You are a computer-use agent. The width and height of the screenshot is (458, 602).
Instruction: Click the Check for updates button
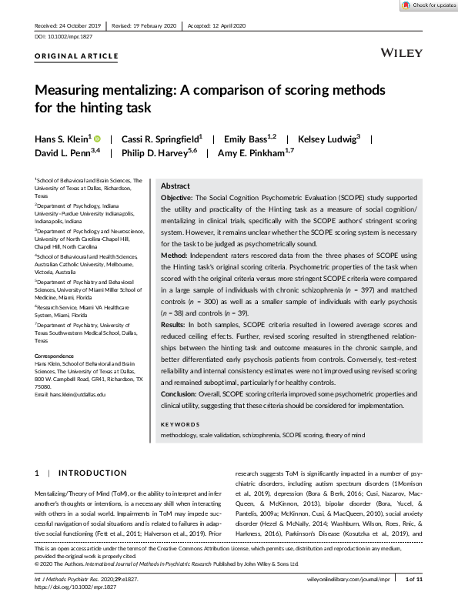pos(428,5)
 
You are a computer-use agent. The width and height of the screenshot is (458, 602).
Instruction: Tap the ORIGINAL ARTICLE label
pos(76,56)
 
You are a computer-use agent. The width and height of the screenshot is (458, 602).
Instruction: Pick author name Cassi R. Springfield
pos(146,139)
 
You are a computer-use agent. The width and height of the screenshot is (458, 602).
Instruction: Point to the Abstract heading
pos(175,186)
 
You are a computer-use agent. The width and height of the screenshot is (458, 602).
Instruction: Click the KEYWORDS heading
pos(179,424)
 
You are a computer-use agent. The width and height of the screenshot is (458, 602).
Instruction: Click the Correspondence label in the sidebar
pos(55,356)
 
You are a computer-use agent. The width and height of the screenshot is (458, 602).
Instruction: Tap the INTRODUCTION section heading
pos(91,473)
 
